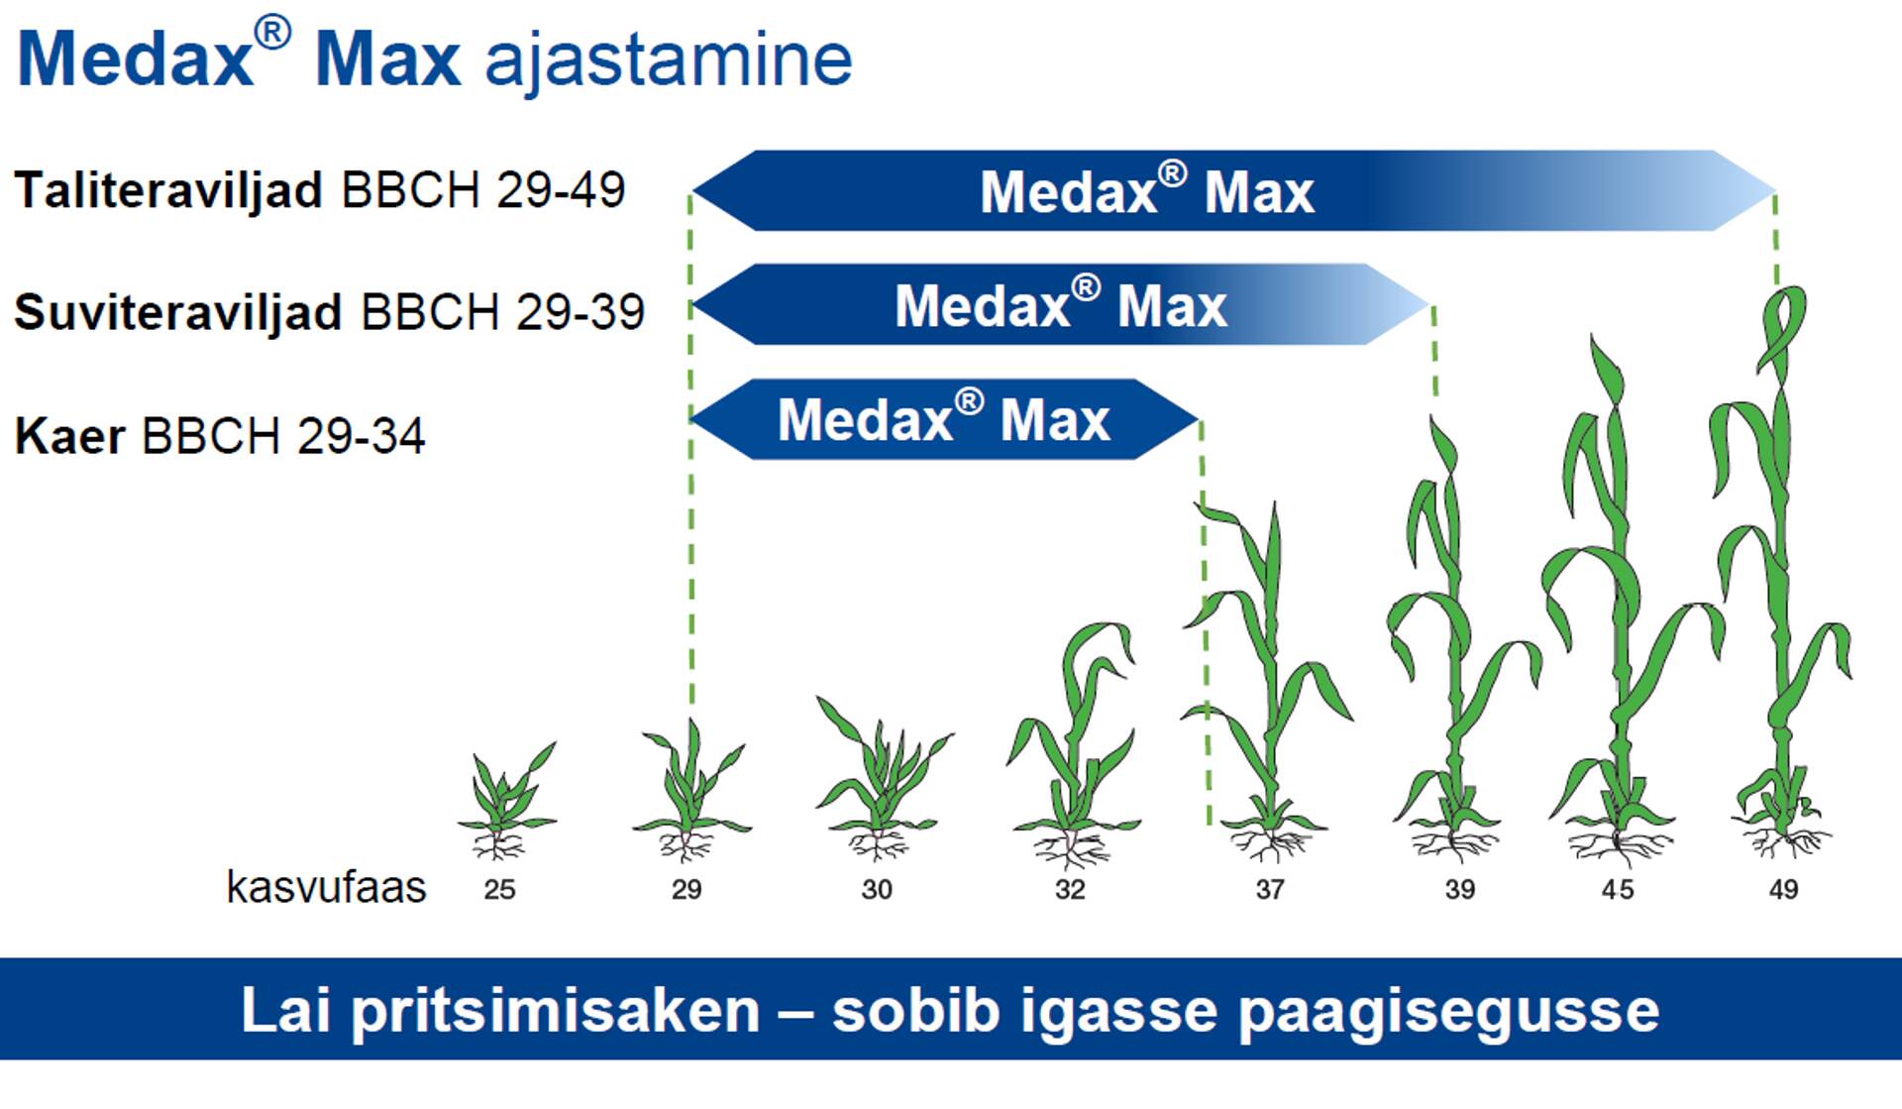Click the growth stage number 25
coord(499,889)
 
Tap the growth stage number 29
coord(687,889)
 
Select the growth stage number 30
coord(877,889)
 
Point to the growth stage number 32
coord(1070,889)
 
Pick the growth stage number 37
coord(1270,889)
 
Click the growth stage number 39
coord(1459,889)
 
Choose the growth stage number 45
coord(1618,889)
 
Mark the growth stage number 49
coord(1783,889)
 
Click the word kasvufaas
coord(326,887)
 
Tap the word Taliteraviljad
coord(168,189)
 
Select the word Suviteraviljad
coord(178,311)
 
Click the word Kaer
coord(69,435)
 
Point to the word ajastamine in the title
coord(669,59)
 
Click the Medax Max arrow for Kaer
coord(945,419)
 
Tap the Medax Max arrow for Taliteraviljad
coord(1234,190)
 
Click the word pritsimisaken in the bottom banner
coord(556,1011)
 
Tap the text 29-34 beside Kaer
coord(361,435)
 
